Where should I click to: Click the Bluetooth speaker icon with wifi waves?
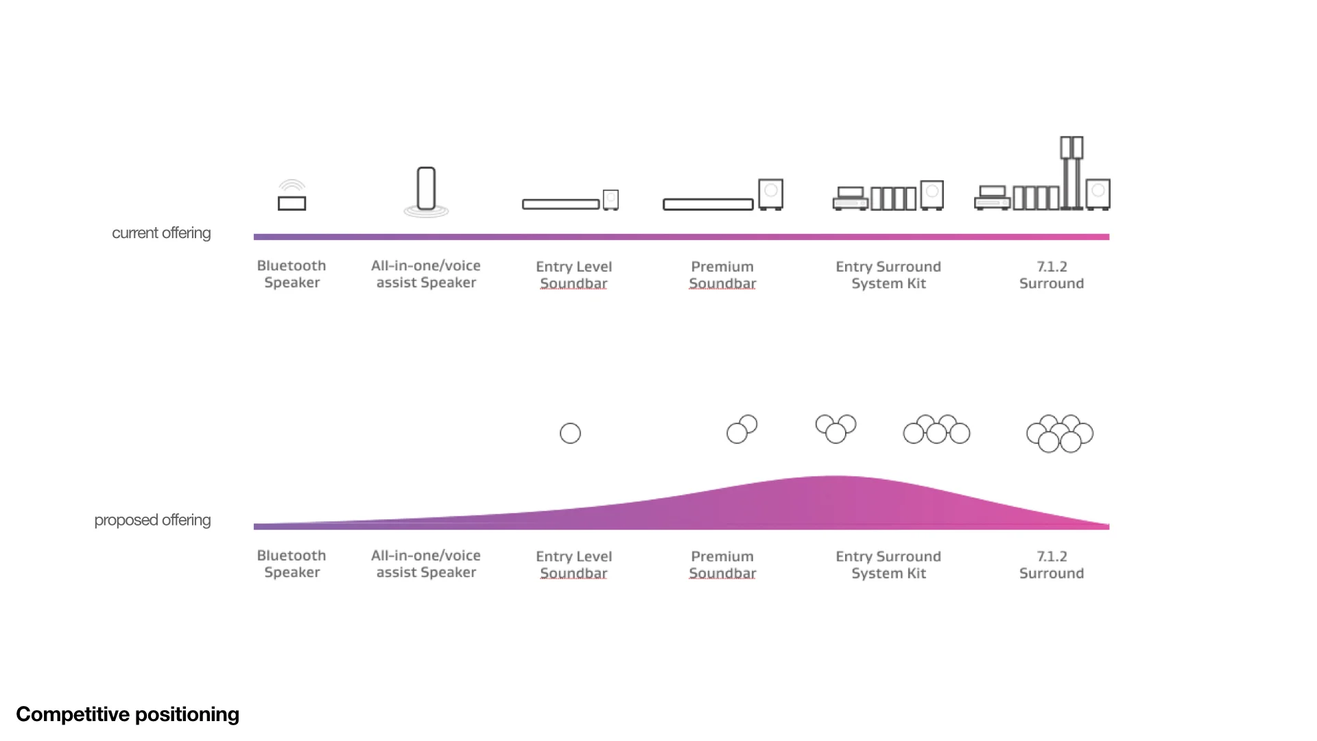point(292,196)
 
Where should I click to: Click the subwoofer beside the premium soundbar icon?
point(770,194)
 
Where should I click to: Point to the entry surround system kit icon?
point(888,197)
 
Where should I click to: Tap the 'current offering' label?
point(161,233)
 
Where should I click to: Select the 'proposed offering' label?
point(152,520)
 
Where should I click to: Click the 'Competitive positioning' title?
point(128,714)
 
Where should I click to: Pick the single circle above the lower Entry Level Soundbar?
point(570,434)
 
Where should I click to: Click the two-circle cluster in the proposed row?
point(741,430)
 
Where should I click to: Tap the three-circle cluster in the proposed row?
point(835,429)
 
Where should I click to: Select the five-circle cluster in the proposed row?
point(936,430)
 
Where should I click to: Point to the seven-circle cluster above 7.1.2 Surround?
point(1060,434)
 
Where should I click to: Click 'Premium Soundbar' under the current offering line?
point(722,275)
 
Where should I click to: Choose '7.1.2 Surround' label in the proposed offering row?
point(1052,565)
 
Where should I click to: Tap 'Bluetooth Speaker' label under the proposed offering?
point(292,564)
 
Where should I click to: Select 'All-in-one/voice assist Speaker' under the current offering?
point(426,274)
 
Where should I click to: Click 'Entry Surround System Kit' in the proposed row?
point(888,565)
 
